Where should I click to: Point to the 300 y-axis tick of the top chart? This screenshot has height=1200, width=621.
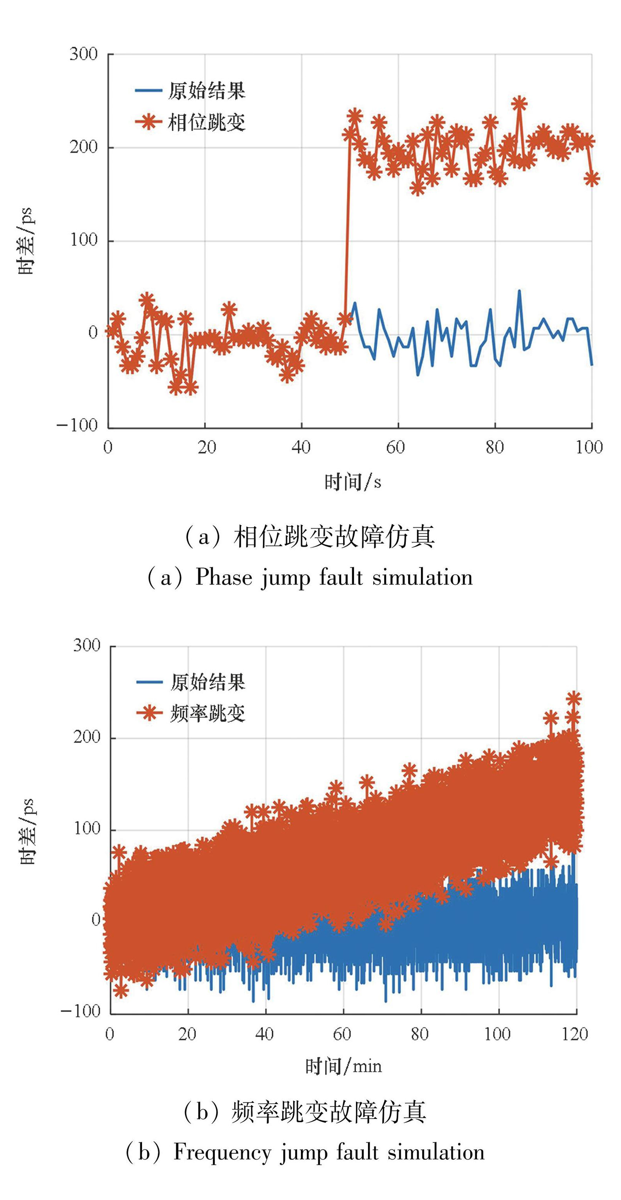point(84,54)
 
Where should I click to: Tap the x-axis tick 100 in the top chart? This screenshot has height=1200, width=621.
point(589,448)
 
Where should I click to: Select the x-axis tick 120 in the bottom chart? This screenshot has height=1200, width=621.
point(575,1034)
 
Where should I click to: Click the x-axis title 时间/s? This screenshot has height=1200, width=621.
point(352,482)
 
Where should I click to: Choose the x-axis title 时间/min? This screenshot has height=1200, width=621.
point(343,1066)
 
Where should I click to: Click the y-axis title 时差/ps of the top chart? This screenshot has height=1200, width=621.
point(26,241)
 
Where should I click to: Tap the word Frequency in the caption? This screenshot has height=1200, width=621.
point(222,1152)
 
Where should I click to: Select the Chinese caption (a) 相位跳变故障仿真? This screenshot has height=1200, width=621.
point(310,537)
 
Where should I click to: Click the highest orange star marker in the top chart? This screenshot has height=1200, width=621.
point(519,103)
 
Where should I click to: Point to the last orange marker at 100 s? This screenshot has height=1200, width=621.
point(592,178)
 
